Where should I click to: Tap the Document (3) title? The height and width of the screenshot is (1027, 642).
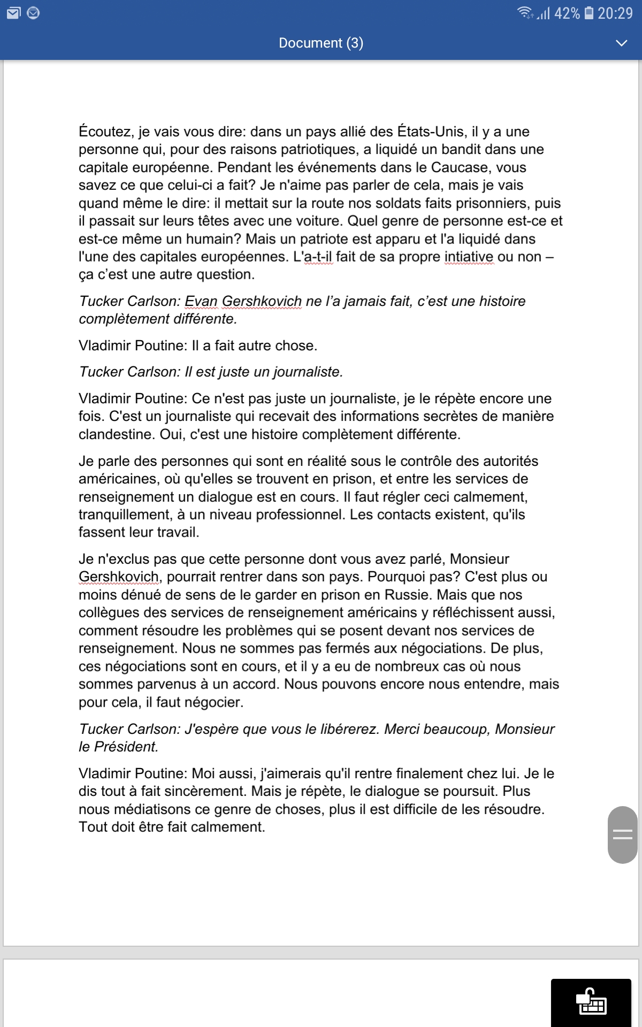pyautogui.click(x=321, y=43)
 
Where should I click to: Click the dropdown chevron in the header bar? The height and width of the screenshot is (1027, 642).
pyautogui.click(x=621, y=43)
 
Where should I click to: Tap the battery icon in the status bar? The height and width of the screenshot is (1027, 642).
pyautogui.click(x=589, y=13)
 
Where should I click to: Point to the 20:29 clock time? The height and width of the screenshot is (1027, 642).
pyautogui.click(x=615, y=13)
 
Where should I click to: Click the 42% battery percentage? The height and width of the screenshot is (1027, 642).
pyautogui.click(x=567, y=13)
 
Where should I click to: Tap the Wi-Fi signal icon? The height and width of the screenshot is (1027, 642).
pyautogui.click(x=525, y=13)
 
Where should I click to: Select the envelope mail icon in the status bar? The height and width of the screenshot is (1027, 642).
pyautogui.click(x=14, y=13)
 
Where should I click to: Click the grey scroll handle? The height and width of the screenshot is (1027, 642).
pyautogui.click(x=622, y=834)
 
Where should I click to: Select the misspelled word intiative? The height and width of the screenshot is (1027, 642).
pyautogui.click(x=469, y=257)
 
